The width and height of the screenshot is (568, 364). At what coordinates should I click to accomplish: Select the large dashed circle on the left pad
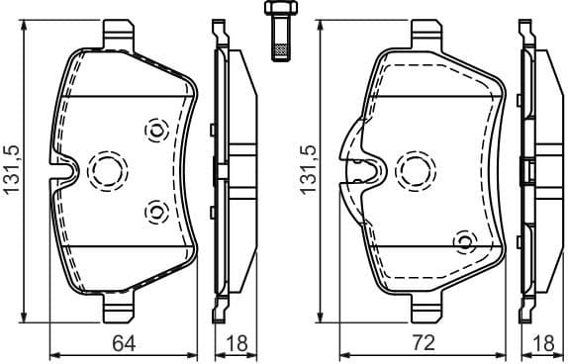click(105, 171)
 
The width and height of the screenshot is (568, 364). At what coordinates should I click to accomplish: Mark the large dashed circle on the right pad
click(412, 170)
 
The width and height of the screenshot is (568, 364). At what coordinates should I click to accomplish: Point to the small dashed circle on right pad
click(462, 240)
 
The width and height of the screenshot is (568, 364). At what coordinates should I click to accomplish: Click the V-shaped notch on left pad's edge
click(61, 171)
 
